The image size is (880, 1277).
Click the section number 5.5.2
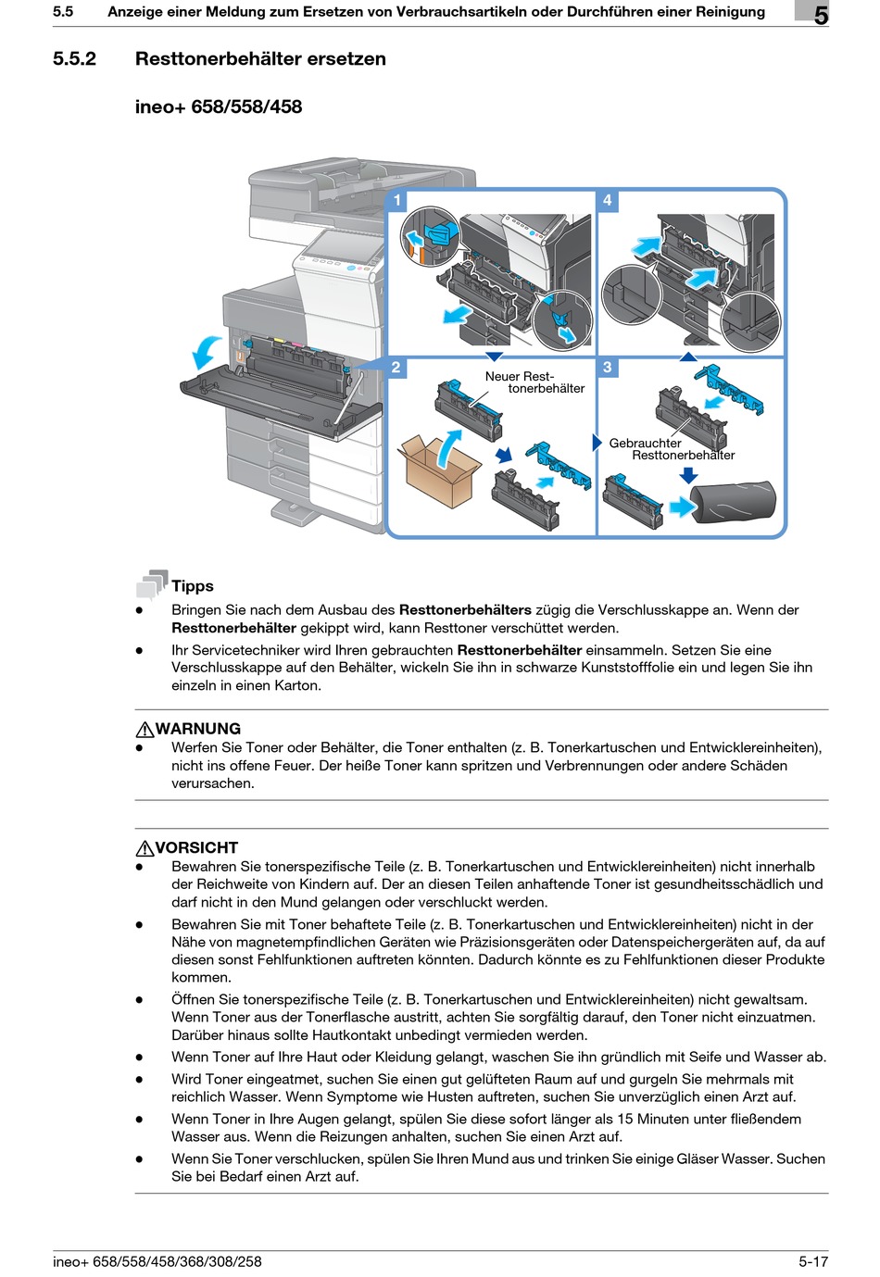(74, 59)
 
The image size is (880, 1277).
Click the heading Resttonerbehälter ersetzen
(260, 59)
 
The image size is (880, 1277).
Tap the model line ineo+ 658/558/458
(219, 106)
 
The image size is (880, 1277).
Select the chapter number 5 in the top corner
(821, 15)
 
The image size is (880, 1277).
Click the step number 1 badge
(397, 200)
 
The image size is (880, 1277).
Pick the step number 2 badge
(396, 368)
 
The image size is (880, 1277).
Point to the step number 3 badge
(607, 368)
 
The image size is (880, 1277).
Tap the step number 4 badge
(607, 200)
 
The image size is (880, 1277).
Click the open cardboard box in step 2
(438, 470)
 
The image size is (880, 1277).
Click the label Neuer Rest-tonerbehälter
(533, 382)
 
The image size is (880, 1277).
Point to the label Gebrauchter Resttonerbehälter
(671, 449)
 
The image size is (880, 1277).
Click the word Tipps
(193, 586)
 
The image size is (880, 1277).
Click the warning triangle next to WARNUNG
(145, 730)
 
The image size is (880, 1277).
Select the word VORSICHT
(196, 847)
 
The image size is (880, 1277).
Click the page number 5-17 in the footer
(812, 1261)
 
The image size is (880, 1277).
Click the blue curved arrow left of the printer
(206, 352)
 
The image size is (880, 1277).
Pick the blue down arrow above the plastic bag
(687, 475)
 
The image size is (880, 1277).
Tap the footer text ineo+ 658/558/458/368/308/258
(157, 1261)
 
